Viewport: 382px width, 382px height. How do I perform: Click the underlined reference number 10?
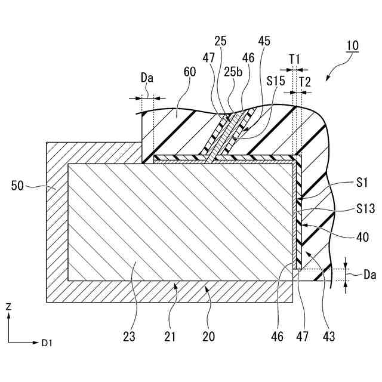351,61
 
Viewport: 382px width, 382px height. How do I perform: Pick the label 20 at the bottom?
208,337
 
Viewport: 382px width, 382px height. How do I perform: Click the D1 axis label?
47,343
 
